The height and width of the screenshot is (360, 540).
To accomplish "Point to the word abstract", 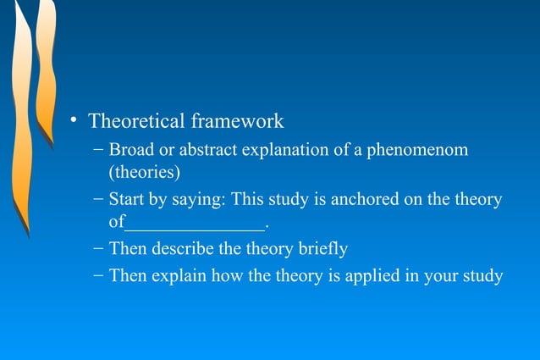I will [x=206, y=150].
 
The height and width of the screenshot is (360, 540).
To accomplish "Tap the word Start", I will [x=126, y=201].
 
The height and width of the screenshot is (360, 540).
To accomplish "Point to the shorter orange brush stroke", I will [x=45, y=68].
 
